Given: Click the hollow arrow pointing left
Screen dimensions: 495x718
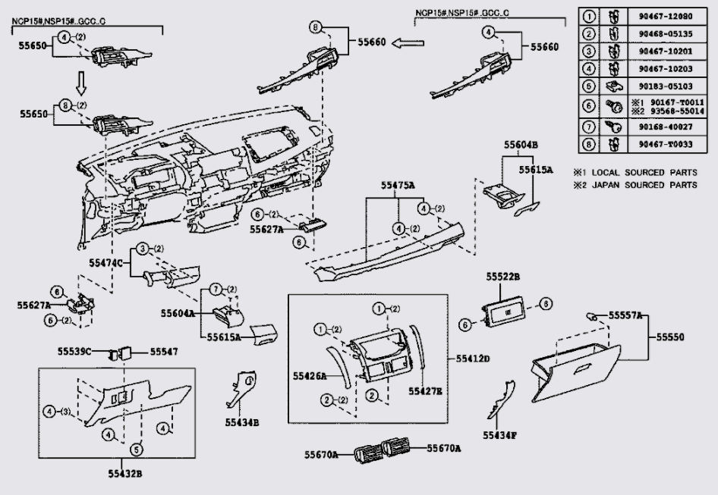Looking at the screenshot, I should (407, 43).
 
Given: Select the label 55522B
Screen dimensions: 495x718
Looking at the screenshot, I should (503, 278).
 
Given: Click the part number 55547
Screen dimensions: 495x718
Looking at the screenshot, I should (163, 351).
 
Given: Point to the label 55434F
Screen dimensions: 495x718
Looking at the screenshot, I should (499, 435).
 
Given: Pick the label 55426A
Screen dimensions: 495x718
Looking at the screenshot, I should (310, 375).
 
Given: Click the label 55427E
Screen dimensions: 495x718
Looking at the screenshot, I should (425, 391).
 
